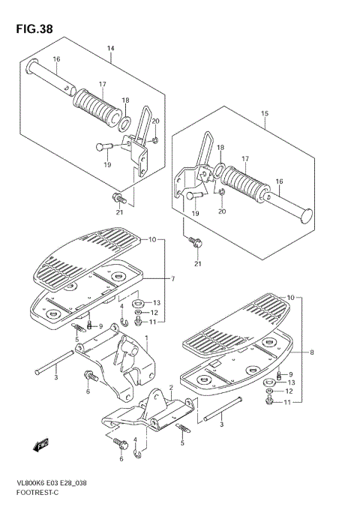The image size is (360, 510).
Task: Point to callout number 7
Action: pyautogui.click(x=172, y=279)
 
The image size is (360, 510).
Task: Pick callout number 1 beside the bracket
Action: pyautogui.click(x=147, y=338)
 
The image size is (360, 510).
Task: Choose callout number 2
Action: pyautogui.click(x=171, y=387)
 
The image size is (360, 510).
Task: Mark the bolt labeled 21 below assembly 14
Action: pyautogui.click(x=118, y=198)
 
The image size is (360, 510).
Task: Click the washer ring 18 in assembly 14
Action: pyautogui.click(x=125, y=117)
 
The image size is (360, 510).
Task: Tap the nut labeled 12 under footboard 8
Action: pyautogui.click(x=269, y=391)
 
